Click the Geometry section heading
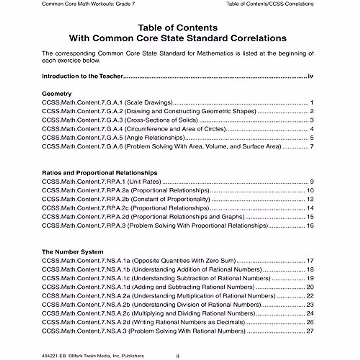tap(57, 94)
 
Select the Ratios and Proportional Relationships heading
tap(100, 173)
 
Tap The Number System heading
tap(73, 252)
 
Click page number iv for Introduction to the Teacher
tap(310, 76)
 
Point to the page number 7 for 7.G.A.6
tap(312, 147)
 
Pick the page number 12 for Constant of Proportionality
tap(310, 199)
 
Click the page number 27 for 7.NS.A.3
tap(310, 331)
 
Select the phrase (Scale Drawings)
tap(149, 103)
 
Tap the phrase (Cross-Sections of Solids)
tap(161, 120)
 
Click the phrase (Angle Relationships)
tap(154, 138)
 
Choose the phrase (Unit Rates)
tap(144, 182)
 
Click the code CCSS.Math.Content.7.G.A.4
tap(82, 129)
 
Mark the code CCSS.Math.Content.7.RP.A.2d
tap(85, 217)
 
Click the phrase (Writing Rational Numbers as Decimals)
tap(189, 322)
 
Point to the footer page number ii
tap(178, 356)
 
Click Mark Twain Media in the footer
tap(87, 356)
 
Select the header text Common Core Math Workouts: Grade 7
tap(88, 4)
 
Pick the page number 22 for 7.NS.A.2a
tap(310, 296)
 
